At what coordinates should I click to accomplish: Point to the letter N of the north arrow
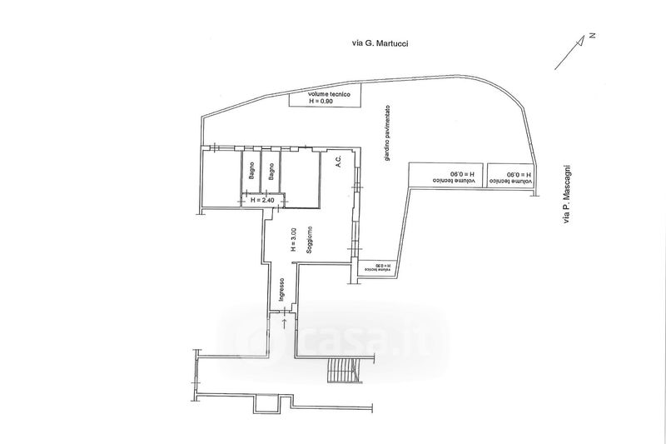click(x=593, y=35)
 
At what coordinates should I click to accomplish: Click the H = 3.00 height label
click(x=292, y=240)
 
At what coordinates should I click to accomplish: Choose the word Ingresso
click(x=283, y=292)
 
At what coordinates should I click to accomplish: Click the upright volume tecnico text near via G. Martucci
click(x=326, y=95)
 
